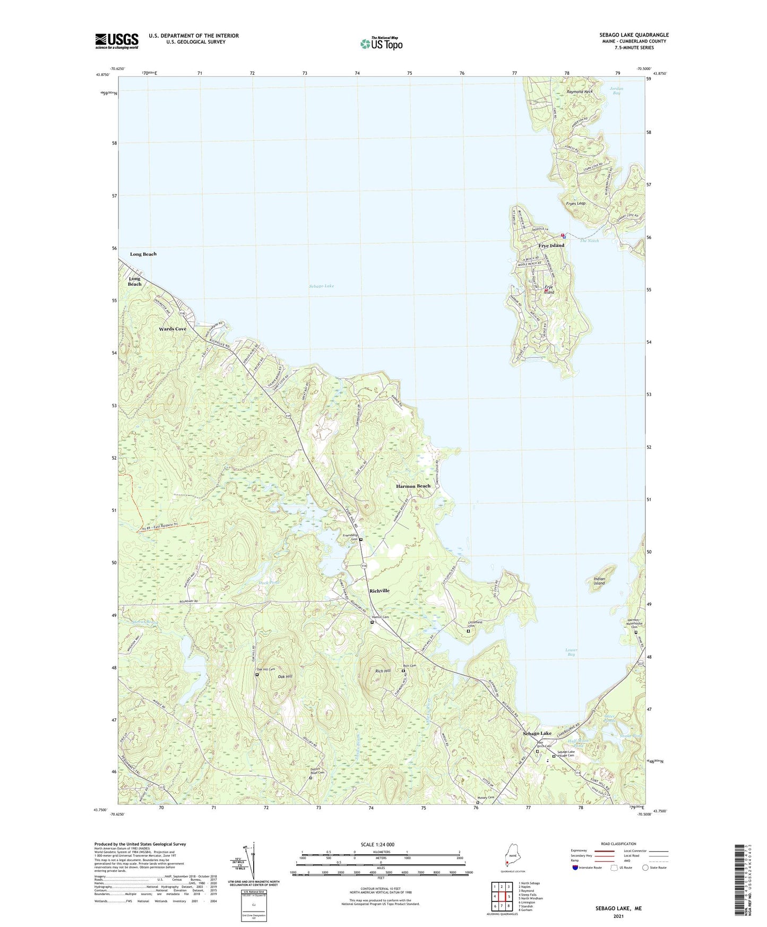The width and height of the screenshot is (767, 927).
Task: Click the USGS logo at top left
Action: tap(117, 41)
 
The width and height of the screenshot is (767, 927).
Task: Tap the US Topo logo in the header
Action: tap(382, 44)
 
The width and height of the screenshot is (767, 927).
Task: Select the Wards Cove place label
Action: tap(173, 329)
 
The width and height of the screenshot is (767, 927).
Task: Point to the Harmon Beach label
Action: tap(413, 486)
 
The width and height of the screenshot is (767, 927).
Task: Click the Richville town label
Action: tap(379, 591)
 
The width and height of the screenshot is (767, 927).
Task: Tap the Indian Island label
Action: tap(599, 581)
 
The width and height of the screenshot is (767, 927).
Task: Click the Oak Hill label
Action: tap(285, 676)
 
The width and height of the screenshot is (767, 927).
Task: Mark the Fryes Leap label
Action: tap(576, 203)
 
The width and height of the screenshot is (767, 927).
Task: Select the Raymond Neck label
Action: tap(580, 92)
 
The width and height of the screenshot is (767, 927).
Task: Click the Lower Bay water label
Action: tap(571, 652)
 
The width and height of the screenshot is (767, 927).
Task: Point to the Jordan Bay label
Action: tap(616, 91)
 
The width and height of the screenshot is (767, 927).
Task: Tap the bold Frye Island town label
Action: tap(551, 246)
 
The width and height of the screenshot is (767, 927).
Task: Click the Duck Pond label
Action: tap(269, 583)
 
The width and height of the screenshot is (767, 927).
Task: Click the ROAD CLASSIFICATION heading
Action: tap(618, 844)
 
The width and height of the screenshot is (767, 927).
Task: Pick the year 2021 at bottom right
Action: tap(618, 916)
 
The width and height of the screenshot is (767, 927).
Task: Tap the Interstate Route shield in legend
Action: tap(576, 868)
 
